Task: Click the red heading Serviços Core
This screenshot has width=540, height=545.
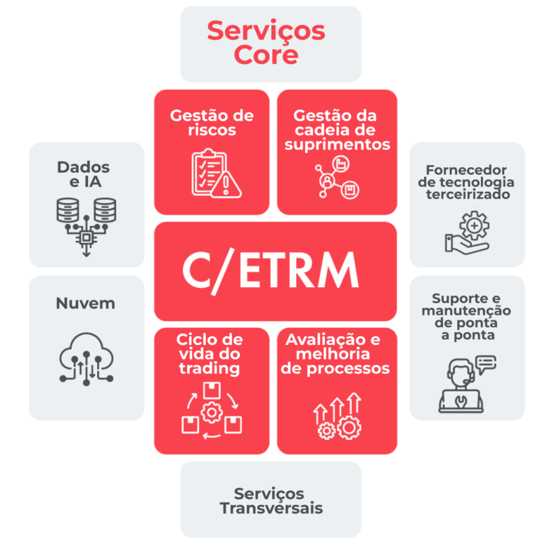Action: tap(266, 42)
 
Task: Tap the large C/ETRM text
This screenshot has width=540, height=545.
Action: tap(270, 271)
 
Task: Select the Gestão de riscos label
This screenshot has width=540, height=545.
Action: tap(212, 123)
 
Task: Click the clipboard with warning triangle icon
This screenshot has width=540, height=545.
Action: tap(216, 173)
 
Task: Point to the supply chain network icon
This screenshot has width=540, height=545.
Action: tap(337, 177)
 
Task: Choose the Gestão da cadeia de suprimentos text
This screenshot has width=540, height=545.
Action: tap(337, 130)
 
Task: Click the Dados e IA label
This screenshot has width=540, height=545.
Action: tap(84, 174)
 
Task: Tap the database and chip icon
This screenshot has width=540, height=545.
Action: tap(86, 227)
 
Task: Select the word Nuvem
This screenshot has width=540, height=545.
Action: tap(86, 303)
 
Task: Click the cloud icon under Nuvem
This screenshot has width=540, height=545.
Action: tap(86, 359)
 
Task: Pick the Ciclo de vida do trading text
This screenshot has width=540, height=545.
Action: tap(210, 354)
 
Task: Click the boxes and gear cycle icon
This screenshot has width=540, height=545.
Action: tap(212, 410)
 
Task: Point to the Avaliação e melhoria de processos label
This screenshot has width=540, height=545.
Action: tap(335, 354)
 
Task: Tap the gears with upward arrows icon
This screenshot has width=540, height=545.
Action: tap(337, 416)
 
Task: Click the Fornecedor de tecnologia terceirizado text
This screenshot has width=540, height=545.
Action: tap(466, 182)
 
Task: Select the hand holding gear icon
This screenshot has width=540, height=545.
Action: tap(468, 232)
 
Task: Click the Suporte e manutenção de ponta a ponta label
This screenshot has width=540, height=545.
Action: tap(466, 317)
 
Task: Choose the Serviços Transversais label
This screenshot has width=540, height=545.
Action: tap(271, 501)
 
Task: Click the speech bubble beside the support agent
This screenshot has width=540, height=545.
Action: tap(486, 364)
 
